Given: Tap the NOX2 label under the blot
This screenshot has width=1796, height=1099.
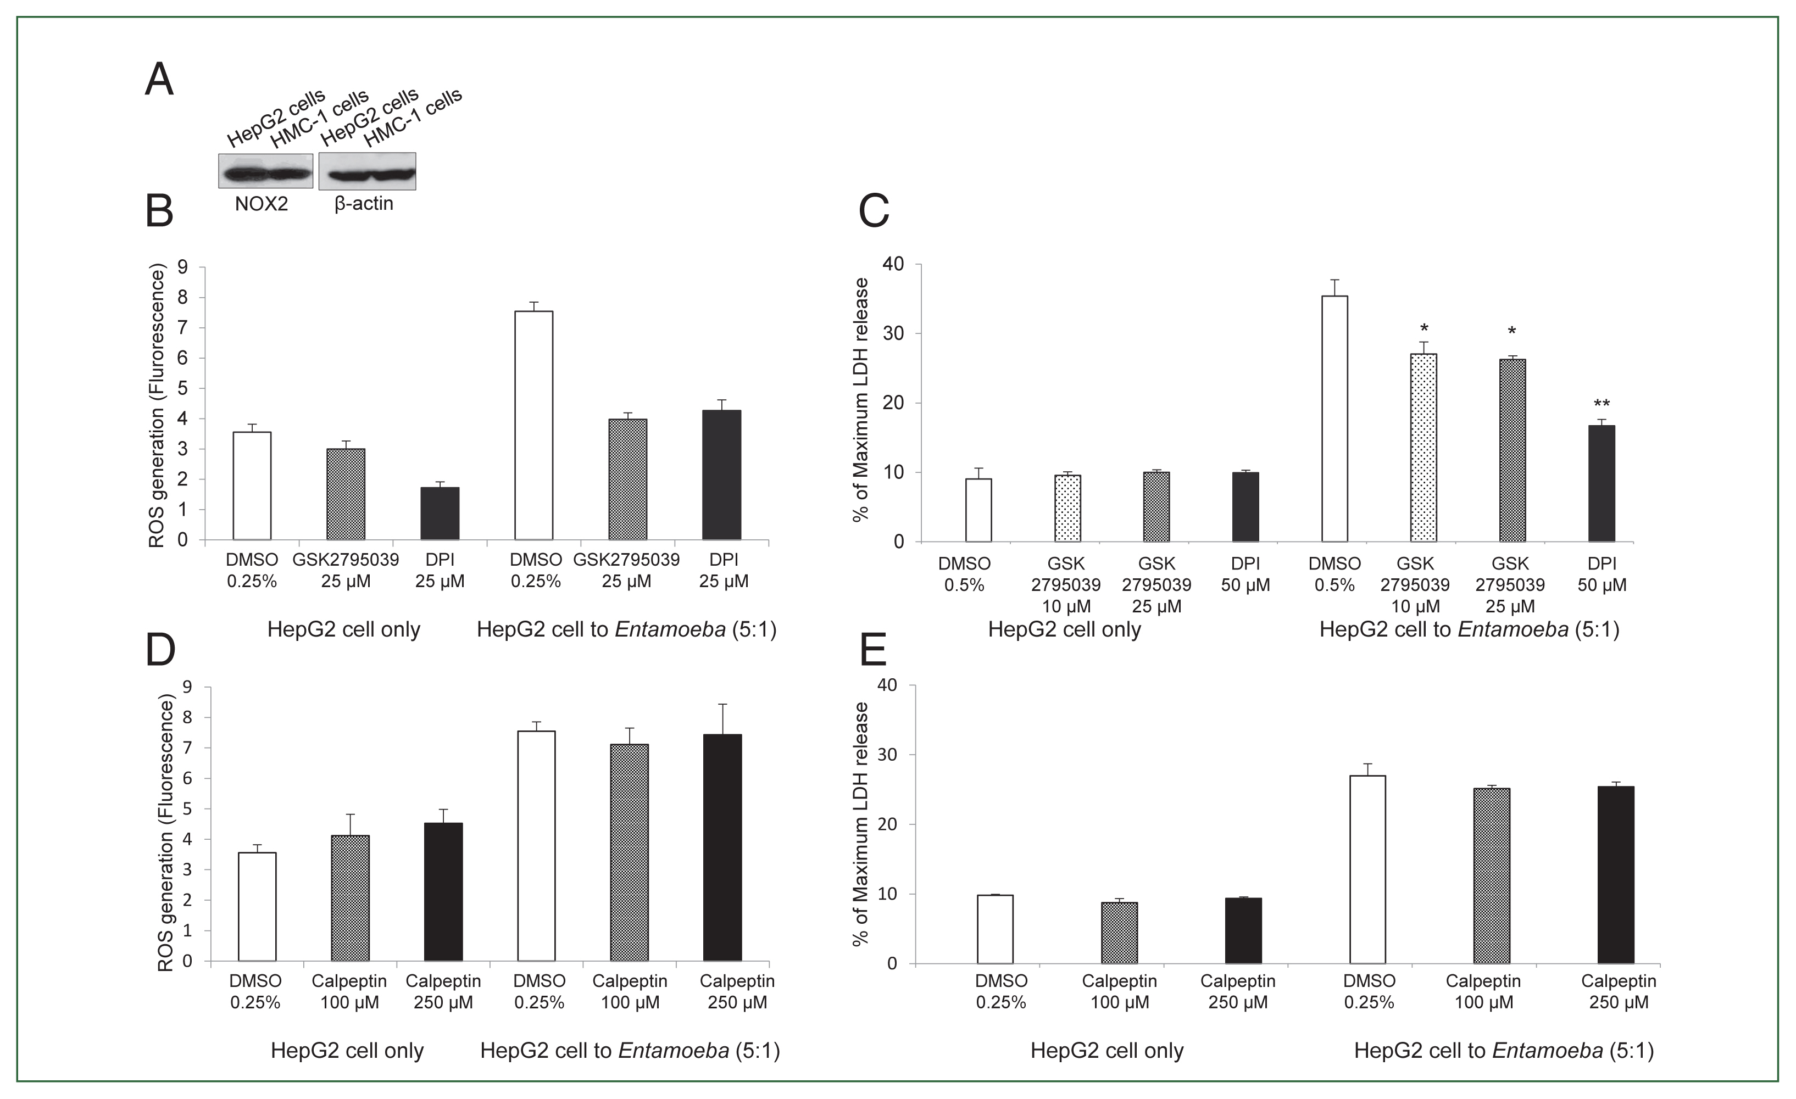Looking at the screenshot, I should tap(261, 204).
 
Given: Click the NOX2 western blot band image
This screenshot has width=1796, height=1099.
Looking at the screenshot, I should tap(265, 171).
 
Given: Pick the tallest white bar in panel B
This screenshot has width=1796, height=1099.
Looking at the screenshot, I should tap(533, 426).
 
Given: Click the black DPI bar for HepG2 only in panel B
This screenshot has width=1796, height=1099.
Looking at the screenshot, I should tap(440, 513).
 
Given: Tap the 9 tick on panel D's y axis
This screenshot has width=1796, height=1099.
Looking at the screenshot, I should tap(188, 687).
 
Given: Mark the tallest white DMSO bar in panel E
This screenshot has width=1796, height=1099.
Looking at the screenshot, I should tap(1367, 869).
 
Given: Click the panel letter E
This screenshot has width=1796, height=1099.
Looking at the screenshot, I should tap(873, 649).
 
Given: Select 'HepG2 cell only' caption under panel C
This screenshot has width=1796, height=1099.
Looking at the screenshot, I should tap(1064, 629).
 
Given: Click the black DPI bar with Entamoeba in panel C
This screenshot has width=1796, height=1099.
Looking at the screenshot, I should tap(1602, 483).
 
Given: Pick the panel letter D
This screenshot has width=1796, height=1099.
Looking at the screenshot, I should tap(160, 649).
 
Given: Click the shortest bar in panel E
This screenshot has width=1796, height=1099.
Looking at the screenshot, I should tap(1119, 933).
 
